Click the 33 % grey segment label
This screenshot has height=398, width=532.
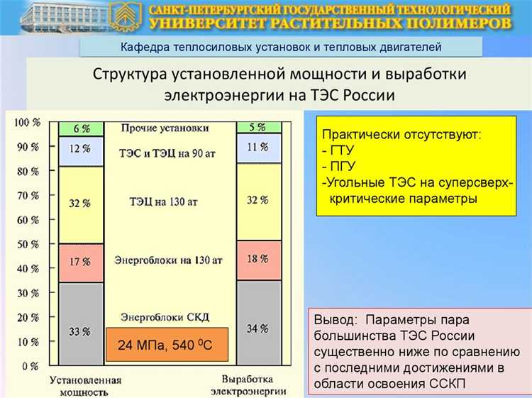pos(80,331)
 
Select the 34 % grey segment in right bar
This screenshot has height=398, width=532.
pos(258,328)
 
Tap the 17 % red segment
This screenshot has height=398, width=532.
pos(80,262)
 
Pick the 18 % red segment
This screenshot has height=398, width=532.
pos(258,259)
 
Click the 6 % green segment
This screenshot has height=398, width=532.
pos(80,128)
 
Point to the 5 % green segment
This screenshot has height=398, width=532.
pos(258,128)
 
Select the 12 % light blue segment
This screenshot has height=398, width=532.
pos(80,150)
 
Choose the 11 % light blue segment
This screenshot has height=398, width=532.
pos(258,148)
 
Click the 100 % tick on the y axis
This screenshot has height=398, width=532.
pos(26,123)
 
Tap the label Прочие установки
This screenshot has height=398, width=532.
pos(165,128)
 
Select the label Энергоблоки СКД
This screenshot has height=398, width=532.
pos(165,316)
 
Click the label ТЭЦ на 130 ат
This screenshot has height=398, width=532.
pos(164,202)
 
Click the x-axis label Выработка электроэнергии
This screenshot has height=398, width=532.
pos(253,385)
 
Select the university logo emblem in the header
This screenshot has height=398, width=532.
pos(125,16)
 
